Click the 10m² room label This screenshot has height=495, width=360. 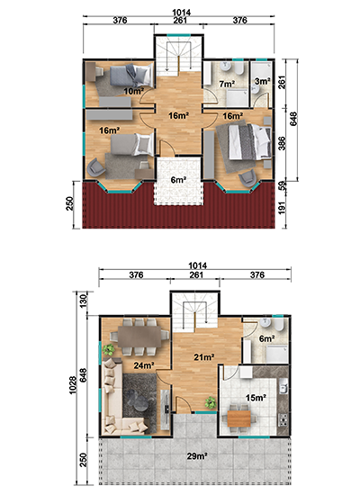point(134,92)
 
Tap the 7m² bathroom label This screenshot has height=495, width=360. point(227,84)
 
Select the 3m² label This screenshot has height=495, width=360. point(263,81)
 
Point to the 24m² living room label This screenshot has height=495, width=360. point(144,365)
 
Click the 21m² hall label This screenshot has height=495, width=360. point(204,357)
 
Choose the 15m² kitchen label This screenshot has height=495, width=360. point(256,398)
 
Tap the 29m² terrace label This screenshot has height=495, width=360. point(197,456)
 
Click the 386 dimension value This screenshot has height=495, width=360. point(282,144)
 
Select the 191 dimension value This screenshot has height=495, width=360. point(283,208)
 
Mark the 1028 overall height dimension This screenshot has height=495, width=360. point(72,385)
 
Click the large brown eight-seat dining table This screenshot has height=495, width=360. point(139,337)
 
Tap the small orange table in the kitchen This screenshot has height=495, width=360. point(238,418)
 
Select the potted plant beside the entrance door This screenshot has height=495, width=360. point(210,402)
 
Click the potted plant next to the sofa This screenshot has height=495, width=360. point(109,350)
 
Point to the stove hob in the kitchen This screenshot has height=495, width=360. point(283,418)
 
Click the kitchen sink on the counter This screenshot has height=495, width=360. point(283,387)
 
